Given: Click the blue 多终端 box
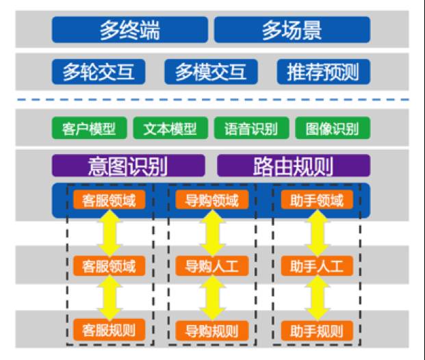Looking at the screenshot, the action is coord(129,30).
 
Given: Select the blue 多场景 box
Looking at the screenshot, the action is coord(292,30).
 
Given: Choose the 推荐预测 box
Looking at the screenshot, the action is coord(322,72).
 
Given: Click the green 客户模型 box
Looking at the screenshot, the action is coord(89,128).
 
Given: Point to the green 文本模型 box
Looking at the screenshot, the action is coord(170,128).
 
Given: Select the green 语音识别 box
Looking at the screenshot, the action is coord(251,128).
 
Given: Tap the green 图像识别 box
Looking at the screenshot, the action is coord(332,128).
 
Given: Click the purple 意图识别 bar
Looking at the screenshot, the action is coord(128,166).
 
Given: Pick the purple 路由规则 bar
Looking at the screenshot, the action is coord(293,166).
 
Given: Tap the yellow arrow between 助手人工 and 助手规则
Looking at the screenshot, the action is coord(317,298).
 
